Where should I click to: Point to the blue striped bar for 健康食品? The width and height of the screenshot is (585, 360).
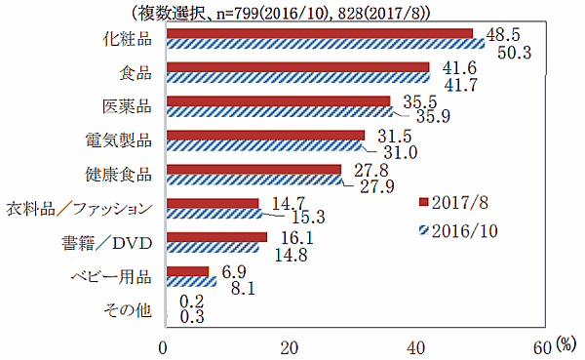click(x=254, y=180)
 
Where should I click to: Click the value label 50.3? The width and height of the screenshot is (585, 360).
click(x=511, y=54)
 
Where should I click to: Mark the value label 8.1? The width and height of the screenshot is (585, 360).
click(x=242, y=289)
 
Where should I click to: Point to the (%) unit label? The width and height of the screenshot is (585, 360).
click(x=567, y=345)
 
